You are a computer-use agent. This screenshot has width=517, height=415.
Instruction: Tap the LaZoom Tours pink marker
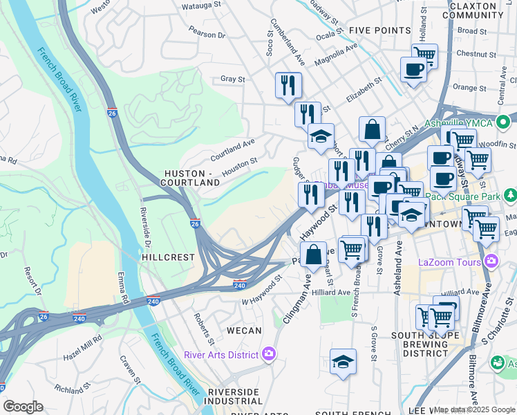coord(491,261)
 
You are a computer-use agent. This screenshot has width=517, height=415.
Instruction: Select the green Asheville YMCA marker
coord(507,122)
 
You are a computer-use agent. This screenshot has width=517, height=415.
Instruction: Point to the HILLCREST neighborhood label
coord(167,257)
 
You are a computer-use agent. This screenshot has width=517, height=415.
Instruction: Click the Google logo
coord(23,407)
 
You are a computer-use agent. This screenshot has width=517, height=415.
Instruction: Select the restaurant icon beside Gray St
coord(288,86)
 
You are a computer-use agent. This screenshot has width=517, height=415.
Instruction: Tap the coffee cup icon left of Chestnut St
coord(414,70)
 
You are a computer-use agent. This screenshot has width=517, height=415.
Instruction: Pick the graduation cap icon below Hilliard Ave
coord(343,362)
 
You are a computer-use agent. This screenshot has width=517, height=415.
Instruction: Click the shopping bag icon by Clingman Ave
coord(313,254)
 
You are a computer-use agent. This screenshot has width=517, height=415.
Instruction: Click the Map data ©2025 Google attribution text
coord(474,409)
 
